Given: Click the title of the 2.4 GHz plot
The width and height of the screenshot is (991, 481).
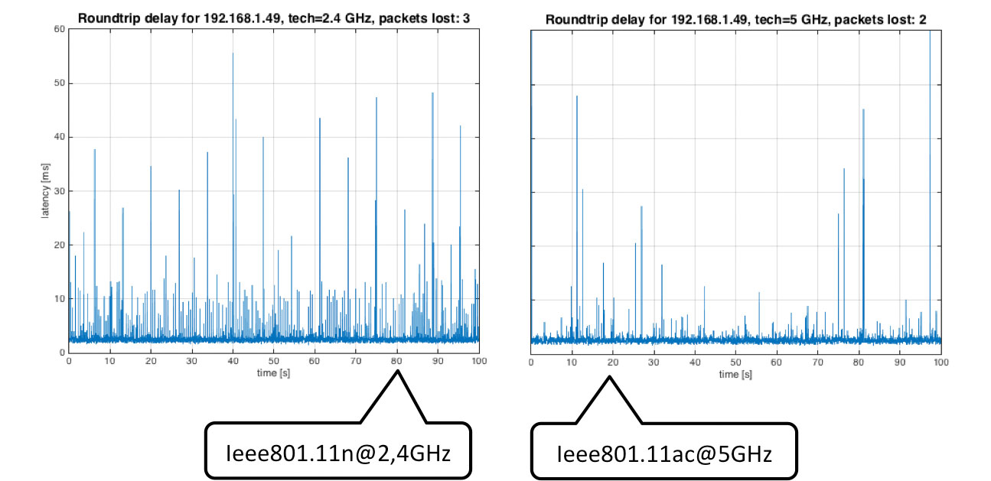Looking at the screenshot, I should (273, 18).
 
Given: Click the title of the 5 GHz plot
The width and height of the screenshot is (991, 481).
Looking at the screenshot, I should (735, 18).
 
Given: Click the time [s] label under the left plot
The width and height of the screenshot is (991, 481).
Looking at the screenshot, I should (273, 374).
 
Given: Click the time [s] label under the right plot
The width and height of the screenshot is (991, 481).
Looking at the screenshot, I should (735, 374).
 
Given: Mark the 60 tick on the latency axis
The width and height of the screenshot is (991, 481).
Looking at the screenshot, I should (58, 29).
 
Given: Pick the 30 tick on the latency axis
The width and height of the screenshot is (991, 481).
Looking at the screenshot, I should (58, 191).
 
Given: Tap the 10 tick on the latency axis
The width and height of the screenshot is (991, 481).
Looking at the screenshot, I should (58, 299).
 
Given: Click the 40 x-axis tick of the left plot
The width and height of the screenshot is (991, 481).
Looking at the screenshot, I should (233, 361).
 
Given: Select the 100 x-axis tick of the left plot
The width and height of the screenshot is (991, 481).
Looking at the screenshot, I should (479, 361).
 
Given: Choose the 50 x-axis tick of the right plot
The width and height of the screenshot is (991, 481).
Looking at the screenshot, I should (735, 361).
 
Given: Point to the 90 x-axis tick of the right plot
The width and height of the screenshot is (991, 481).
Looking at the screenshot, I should (900, 361).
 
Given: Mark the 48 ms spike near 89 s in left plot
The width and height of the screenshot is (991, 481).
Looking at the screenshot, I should (432, 94).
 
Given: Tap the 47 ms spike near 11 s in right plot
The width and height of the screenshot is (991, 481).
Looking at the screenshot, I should (577, 97).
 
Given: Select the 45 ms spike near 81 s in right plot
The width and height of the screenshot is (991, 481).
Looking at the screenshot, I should (863, 110).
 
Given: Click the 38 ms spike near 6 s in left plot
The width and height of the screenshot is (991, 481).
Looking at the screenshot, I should (95, 150).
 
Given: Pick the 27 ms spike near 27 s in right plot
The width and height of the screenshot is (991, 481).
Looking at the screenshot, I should (641, 207).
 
